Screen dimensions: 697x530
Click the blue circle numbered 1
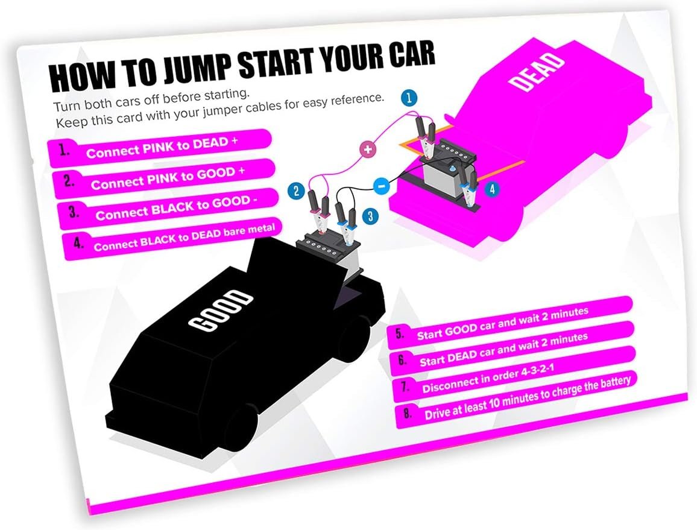point(409,98)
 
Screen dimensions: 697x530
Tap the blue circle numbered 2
point(296,191)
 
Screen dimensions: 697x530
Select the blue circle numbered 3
point(370,216)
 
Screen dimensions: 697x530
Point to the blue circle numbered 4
point(492,189)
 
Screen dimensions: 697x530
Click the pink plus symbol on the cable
point(368,150)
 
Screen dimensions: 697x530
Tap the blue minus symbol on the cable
point(381,186)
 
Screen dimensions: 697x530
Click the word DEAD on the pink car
point(536,72)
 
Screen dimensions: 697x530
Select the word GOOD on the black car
point(220,311)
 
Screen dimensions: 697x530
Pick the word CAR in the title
point(411,55)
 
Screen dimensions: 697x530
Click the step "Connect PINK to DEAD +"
point(162,148)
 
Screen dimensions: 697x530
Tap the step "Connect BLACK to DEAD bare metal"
point(184,238)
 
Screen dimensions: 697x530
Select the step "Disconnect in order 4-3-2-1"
point(488,379)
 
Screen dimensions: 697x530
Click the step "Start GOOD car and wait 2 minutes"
point(503,324)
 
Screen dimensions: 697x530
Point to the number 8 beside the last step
point(407,414)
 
